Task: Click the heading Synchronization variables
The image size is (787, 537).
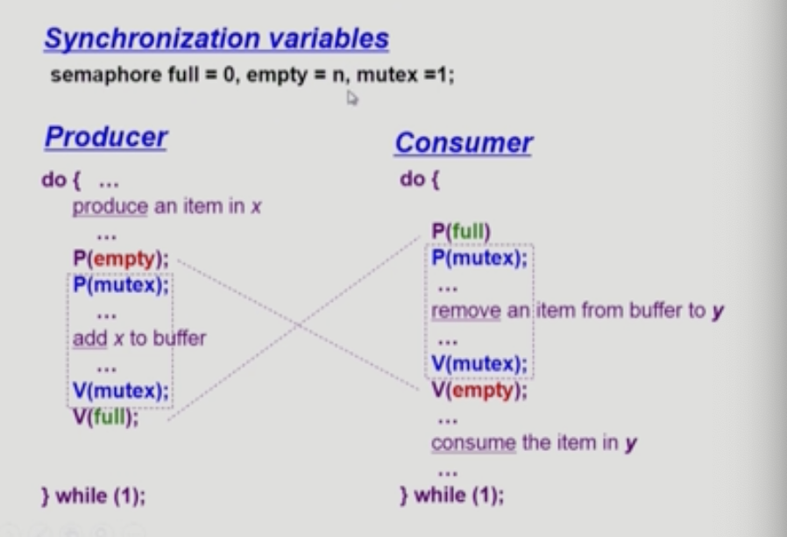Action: click(216, 39)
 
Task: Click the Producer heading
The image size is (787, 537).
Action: click(105, 138)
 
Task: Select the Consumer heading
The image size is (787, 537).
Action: click(463, 143)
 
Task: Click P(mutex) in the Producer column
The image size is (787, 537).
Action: click(121, 284)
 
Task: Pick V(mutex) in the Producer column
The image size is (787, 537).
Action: click(121, 392)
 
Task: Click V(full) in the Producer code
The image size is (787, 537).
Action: click(106, 417)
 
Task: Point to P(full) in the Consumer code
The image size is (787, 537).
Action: click(461, 232)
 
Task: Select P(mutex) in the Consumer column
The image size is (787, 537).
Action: click(480, 257)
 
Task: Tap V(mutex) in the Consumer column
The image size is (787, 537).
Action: click(480, 365)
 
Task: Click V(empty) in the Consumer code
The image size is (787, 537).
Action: click(479, 390)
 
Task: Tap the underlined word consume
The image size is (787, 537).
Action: click(472, 443)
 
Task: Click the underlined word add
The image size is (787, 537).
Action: click(89, 338)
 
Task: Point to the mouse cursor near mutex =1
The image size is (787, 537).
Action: click(351, 99)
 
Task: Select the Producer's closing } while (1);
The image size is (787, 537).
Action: click(93, 496)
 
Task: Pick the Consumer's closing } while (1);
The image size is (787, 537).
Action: click(451, 496)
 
